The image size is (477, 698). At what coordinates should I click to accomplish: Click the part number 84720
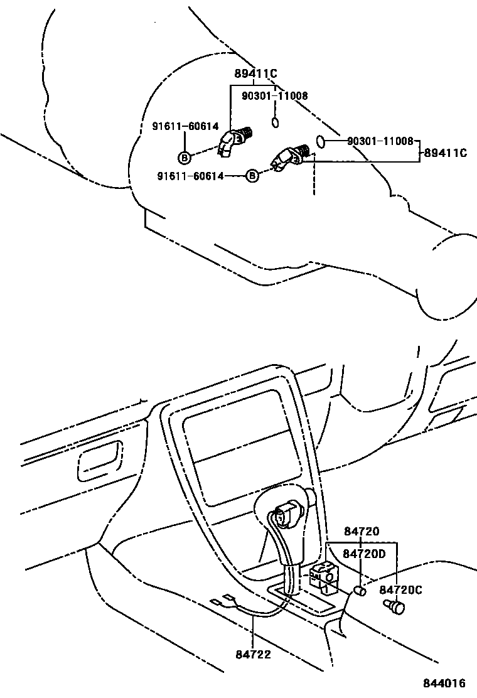[362, 531]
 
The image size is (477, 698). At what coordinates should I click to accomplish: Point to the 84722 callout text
[254, 655]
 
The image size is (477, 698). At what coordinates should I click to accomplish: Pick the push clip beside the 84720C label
[395, 606]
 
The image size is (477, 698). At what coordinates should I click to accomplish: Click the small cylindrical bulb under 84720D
[360, 591]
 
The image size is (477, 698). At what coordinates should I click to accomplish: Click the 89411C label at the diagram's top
[255, 74]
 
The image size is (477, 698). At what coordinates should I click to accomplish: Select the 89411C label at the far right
[445, 153]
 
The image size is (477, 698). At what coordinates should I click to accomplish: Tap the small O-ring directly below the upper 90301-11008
[275, 121]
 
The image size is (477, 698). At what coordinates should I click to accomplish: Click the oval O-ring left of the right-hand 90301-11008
[320, 141]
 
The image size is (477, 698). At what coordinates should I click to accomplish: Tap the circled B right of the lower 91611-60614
[251, 176]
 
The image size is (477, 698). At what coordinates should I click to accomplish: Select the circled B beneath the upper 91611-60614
[185, 157]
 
